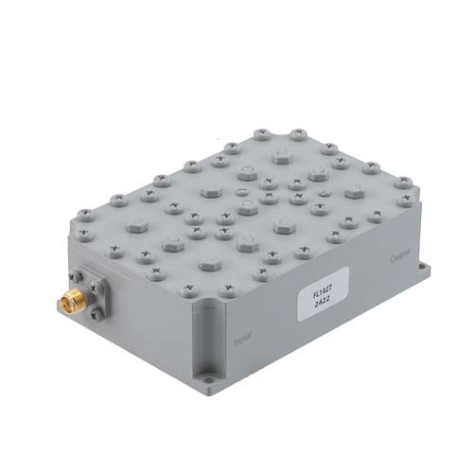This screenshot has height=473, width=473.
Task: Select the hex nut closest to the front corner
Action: [208, 262]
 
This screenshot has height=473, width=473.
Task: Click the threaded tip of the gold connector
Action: [62, 304]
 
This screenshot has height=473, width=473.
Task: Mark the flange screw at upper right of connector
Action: [103, 281]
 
